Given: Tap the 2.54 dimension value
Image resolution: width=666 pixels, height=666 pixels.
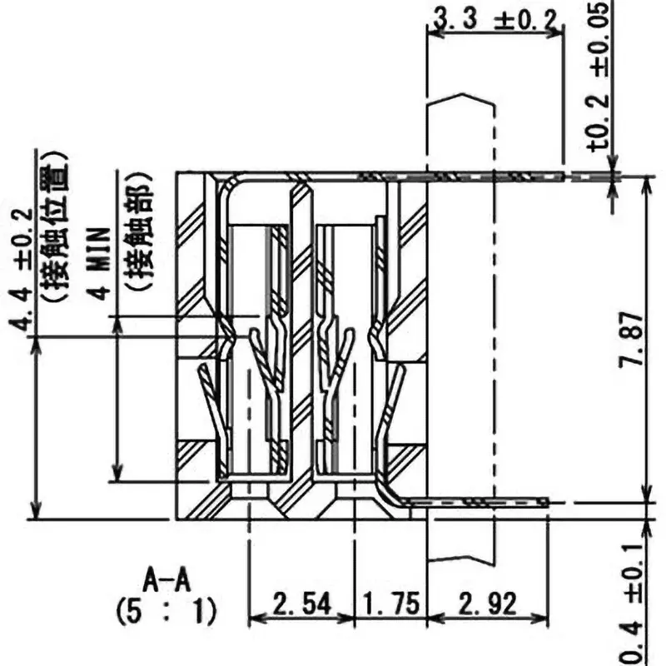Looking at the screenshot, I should click(x=301, y=602).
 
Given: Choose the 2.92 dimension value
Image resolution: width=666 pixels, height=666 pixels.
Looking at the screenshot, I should click(x=487, y=602).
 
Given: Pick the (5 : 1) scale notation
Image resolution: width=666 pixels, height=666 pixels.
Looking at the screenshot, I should click(x=165, y=614).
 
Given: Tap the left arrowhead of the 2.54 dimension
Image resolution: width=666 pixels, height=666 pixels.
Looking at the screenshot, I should click(x=254, y=619).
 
